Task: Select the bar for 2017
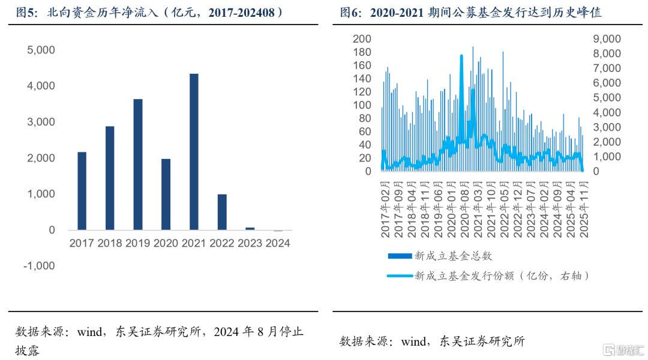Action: coord(82,191)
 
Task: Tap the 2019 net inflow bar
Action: coord(138,164)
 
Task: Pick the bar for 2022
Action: coord(222,212)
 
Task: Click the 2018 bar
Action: coord(110,178)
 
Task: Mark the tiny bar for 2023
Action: coord(250,229)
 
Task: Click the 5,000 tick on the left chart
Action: coord(41,50)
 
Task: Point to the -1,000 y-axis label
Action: coord(39,266)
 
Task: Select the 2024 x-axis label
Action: coord(278,244)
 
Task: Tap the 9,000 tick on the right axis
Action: coord(608,39)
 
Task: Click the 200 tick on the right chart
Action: coord(362,39)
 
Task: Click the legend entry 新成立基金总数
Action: coord(453,256)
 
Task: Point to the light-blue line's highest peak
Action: coord(461,56)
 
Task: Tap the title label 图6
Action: coord(352,12)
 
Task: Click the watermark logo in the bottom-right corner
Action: coord(622,349)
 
